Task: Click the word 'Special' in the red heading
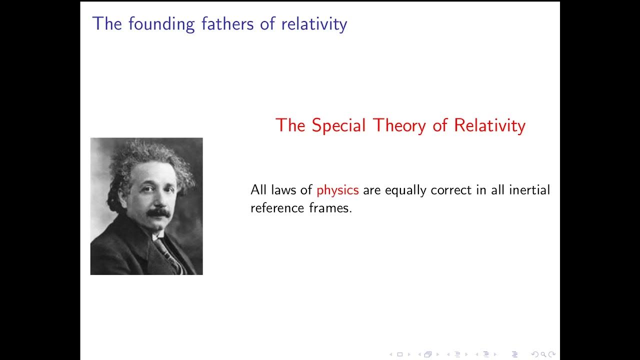(338, 125)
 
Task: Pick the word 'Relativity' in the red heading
(489, 125)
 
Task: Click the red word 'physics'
(337, 190)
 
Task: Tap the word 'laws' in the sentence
(283, 190)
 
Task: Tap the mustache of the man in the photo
(158, 212)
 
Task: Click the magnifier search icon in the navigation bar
(542, 354)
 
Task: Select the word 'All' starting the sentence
(258, 190)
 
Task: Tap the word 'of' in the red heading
(439, 125)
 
